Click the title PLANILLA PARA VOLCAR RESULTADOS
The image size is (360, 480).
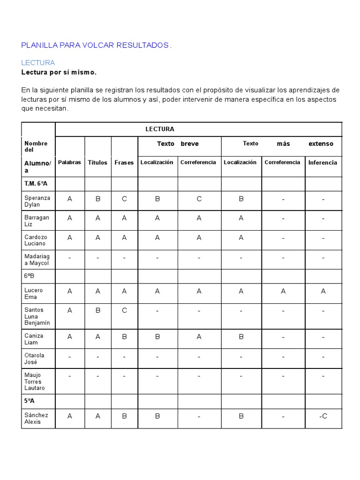pos(96,45)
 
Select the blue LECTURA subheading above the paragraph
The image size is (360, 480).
pos(38,62)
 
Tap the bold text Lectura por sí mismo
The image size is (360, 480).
pos(59,72)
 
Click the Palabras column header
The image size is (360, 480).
pos(69,163)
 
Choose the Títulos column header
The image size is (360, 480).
pos(97,163)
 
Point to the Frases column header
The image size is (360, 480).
pos(124,163)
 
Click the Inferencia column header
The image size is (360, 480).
pos(322,163)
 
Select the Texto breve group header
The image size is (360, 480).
pos(178,144)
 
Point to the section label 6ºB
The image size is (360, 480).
pos(30,276)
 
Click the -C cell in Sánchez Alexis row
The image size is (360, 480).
pos(322,416)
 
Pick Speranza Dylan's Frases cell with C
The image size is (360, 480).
pos(124,199)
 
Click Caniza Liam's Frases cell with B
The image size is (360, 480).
pos(124,337)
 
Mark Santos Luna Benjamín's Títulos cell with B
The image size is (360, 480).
pos(97,310)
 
